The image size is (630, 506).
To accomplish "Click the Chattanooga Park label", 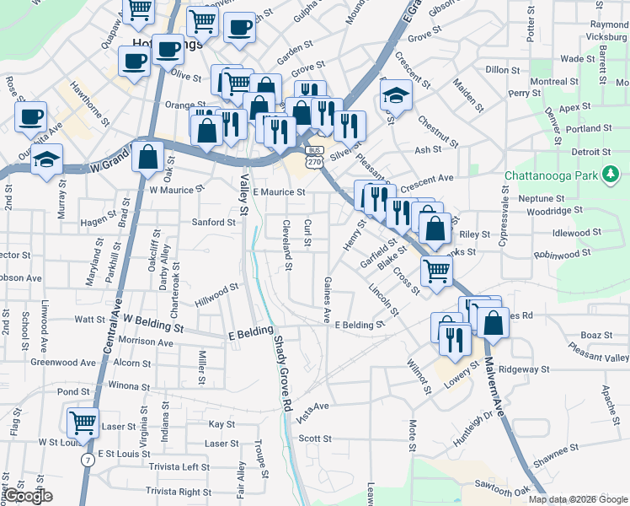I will pos(552,175).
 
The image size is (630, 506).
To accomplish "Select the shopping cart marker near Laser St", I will pos(83,422).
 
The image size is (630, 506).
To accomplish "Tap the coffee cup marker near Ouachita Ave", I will pos(31,116).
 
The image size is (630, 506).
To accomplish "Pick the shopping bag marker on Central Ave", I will pos(148,157).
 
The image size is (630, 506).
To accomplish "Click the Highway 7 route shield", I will pos(88,460).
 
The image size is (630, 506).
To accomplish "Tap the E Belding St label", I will pos(360,325).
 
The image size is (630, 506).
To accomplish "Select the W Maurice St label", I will pos(178,190).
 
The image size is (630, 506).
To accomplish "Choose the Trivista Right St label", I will pos(178,491).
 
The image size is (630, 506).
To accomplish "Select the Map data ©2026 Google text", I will pos(578,499).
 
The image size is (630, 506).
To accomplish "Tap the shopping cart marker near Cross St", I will pos(436,271).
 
